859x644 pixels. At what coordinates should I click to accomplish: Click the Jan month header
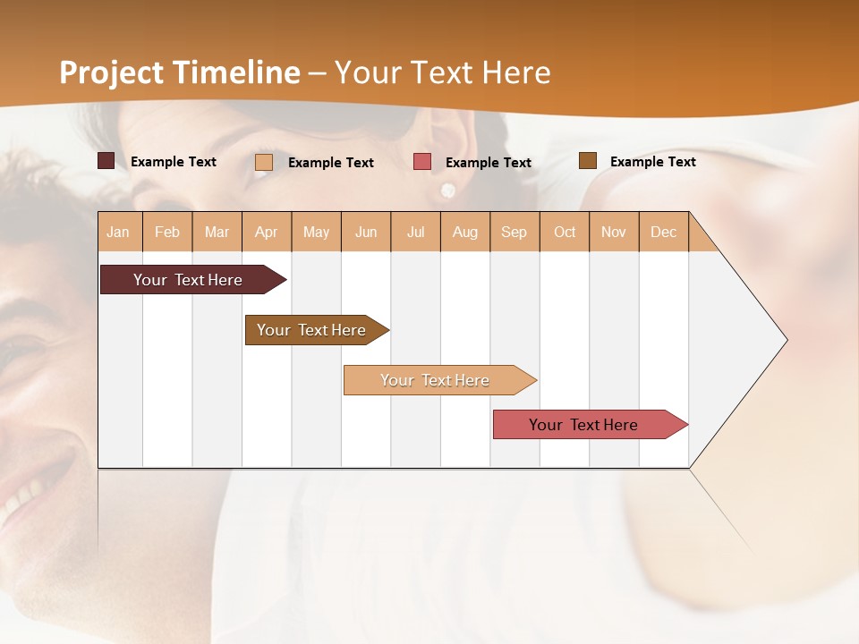point(118,233)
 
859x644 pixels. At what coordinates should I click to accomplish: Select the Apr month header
point(266,233)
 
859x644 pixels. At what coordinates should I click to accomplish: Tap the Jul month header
point(415,233)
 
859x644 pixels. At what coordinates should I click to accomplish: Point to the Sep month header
point(514,233)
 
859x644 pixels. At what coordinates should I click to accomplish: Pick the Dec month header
point(663,233)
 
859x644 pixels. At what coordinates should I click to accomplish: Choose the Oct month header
point(565,233)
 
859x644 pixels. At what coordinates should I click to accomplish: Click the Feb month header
point(167,233)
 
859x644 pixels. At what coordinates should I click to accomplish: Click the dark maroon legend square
point(106,161)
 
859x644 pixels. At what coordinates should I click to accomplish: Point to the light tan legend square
point(264,162)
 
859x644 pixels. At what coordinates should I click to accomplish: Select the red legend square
point(422,162)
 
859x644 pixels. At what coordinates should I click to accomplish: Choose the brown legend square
point(587,161)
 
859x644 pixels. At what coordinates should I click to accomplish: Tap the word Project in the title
point(112,72)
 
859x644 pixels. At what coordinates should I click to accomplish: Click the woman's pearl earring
point(447,190)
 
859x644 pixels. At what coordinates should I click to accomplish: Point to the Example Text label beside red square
point(489,163)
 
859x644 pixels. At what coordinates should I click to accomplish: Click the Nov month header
point(614,233)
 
